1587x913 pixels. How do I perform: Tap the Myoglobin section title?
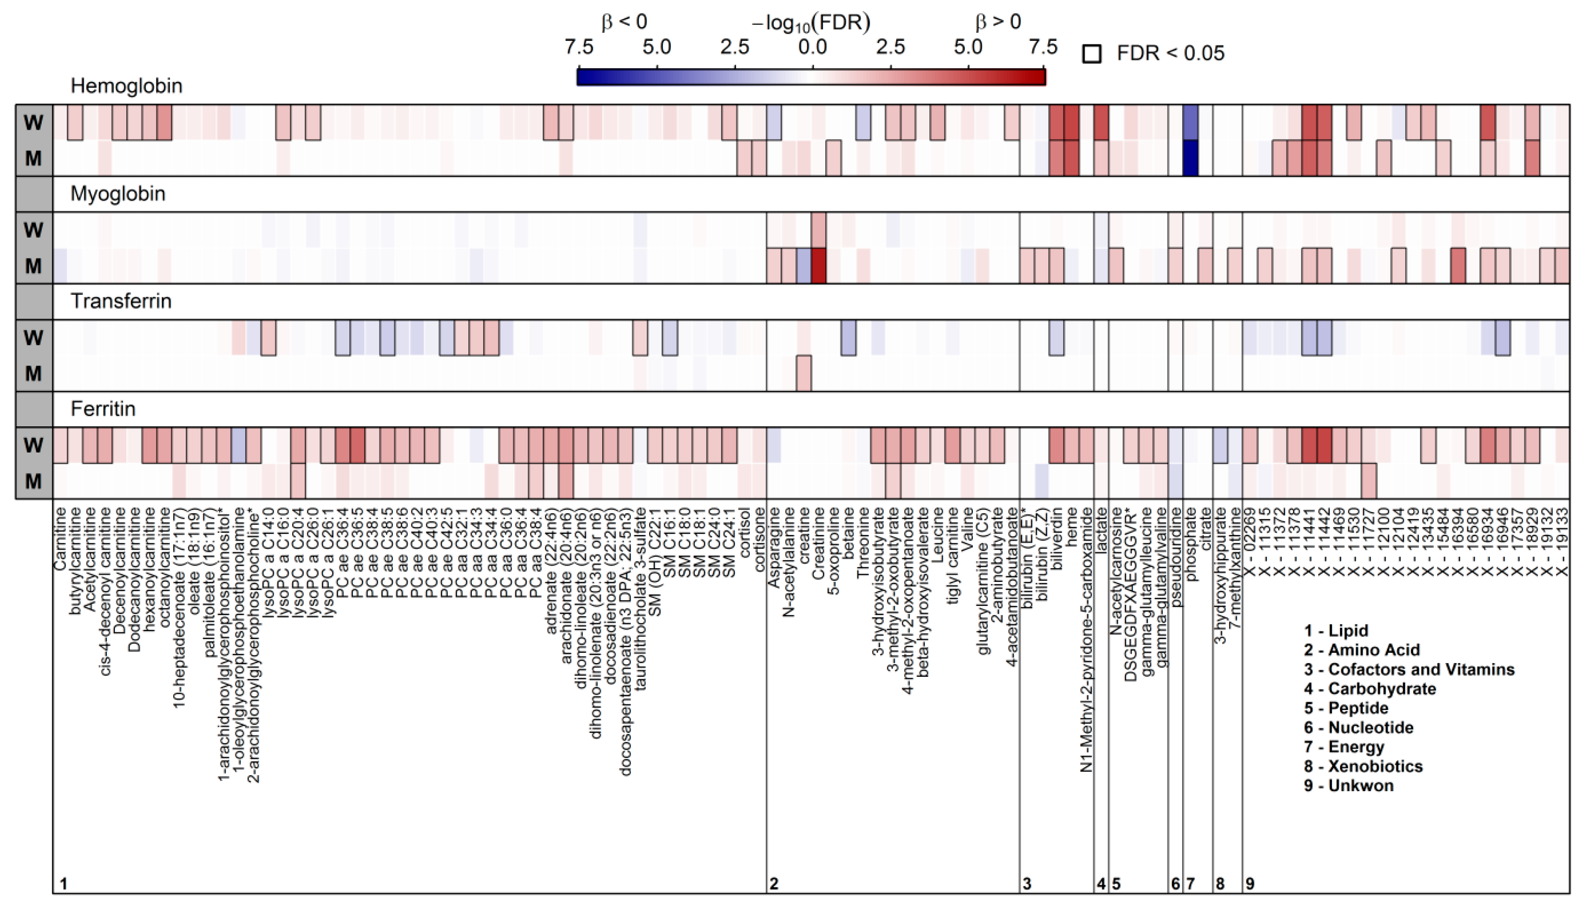point(118,194)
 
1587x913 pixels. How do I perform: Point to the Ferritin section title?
point(103,409)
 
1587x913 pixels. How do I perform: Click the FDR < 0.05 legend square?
point(1091,54)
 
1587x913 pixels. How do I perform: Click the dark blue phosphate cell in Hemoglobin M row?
point(1190,158)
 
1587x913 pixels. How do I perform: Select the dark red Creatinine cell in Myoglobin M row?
point(818,266)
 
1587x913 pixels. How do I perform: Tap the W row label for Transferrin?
point(34,338)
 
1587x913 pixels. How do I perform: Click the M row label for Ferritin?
point(34,481)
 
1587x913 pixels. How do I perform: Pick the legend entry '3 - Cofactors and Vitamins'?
point(1409,670)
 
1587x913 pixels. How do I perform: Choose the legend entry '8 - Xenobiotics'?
point(1363,766)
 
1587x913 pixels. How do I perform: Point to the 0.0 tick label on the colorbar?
point(812,47)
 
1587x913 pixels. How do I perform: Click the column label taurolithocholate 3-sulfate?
point(639,599)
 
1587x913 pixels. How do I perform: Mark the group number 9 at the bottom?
point(1250,884)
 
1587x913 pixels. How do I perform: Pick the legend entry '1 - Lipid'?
point(1336,631)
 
